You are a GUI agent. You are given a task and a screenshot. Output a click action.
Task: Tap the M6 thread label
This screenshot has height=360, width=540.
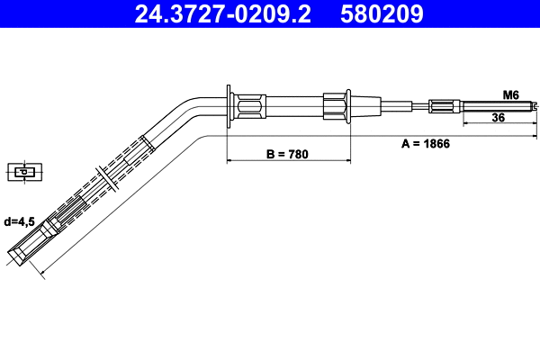pyautogui.click(x=510, y=94)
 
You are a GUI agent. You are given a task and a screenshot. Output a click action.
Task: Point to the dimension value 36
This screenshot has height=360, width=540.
pyautogui.click(x=498, y=117)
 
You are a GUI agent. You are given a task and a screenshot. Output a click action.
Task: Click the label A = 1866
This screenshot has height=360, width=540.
pyautogui.click(x=425, y=142)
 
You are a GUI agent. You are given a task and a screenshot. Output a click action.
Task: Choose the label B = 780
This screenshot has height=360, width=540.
pyautogui.click(x=287, y=154)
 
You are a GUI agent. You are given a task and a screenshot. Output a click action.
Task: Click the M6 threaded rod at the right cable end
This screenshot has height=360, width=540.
pyautogui.click(x=495, y=106)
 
